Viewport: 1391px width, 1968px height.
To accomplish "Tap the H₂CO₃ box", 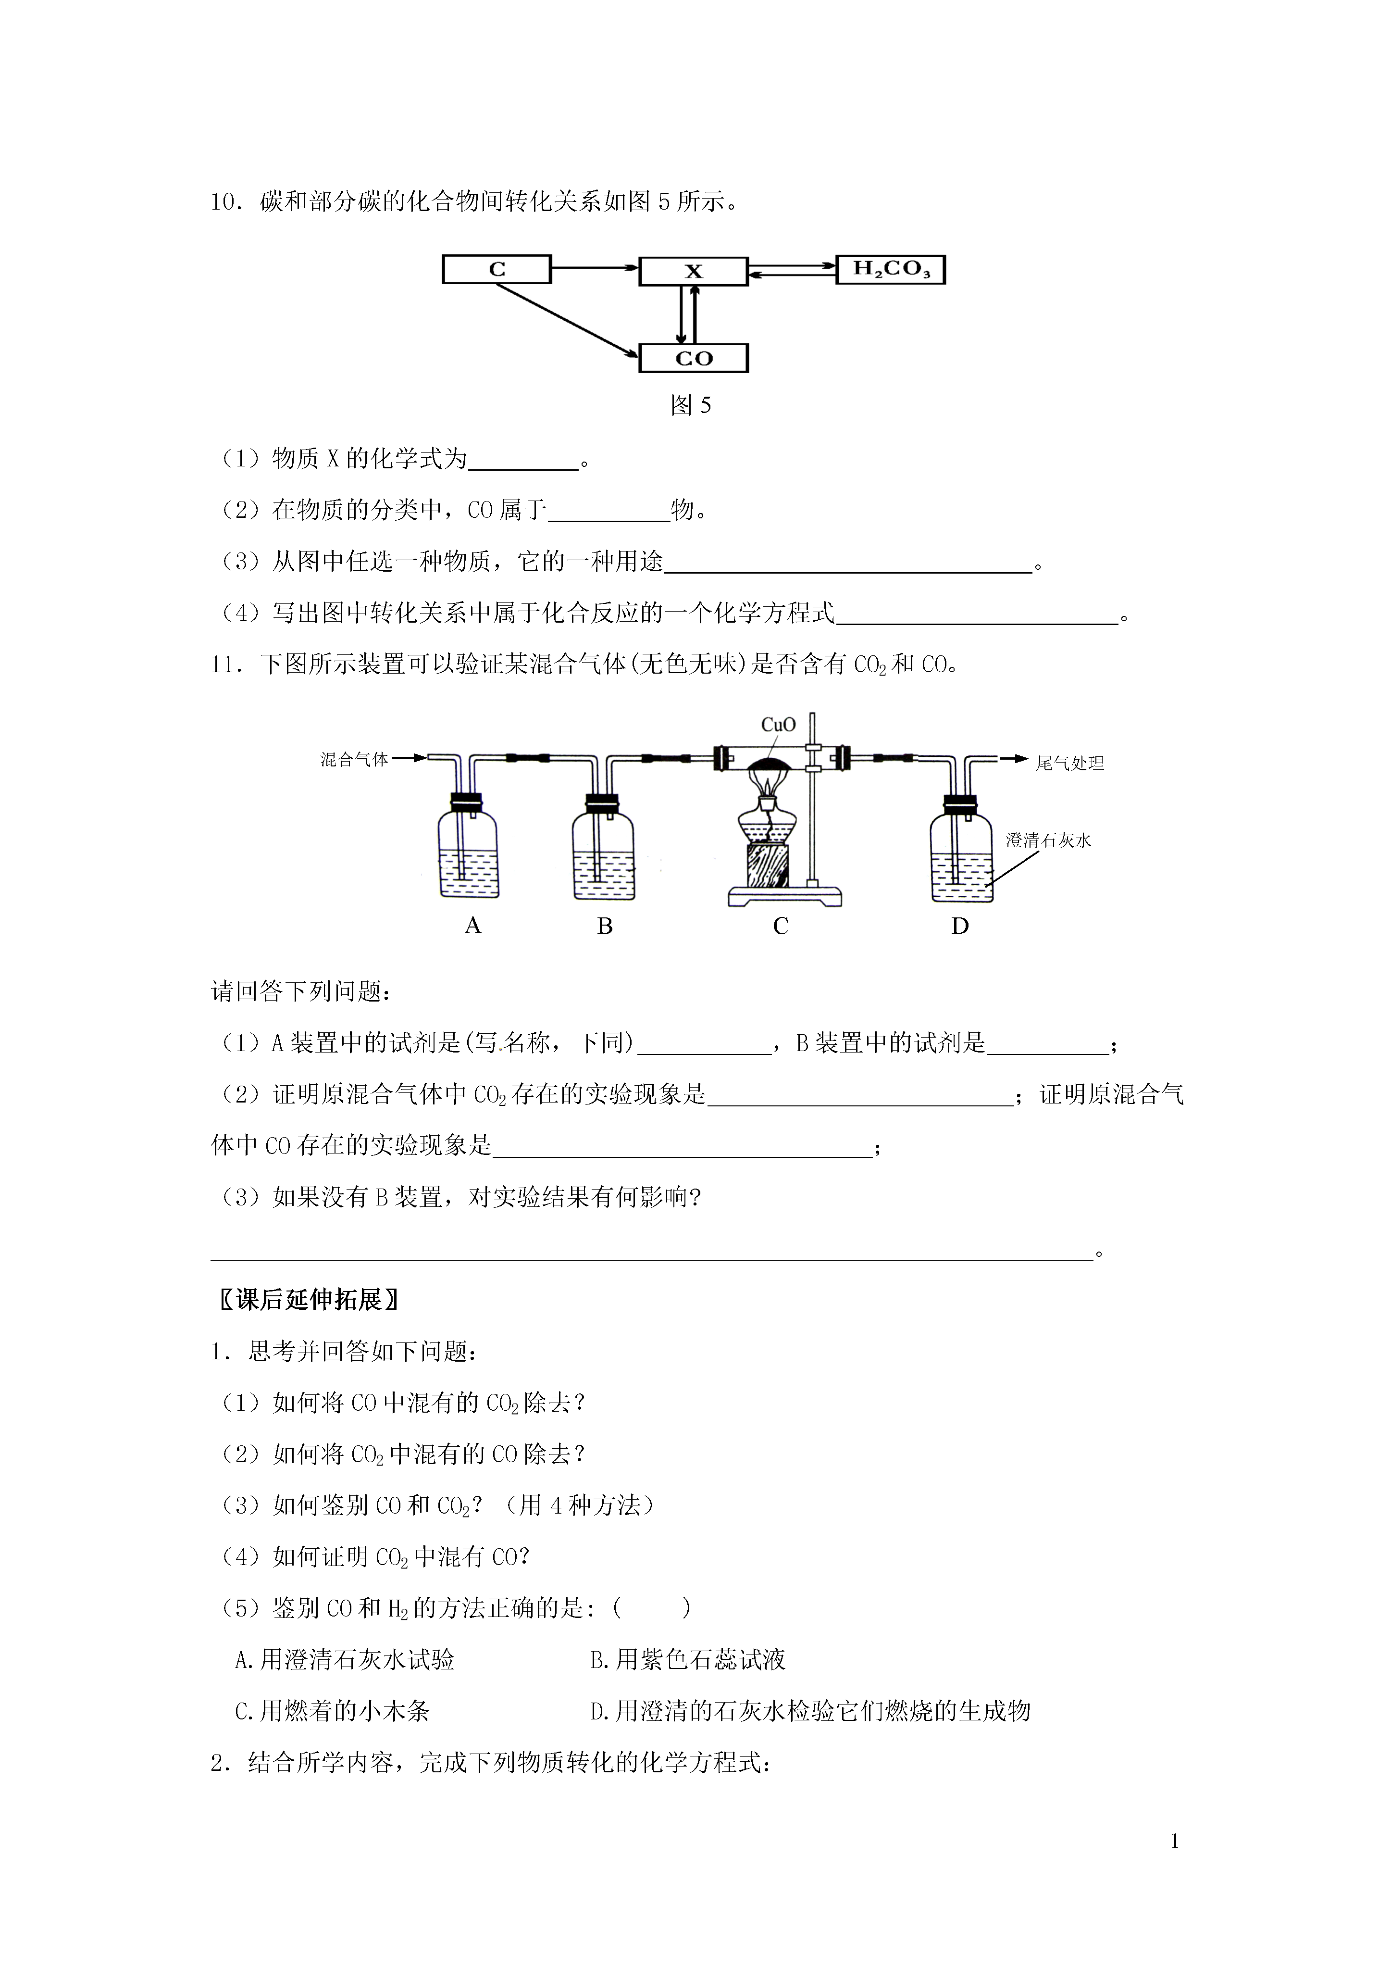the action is tap(891, 269).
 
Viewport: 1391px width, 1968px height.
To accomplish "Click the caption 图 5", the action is tap(691, 405).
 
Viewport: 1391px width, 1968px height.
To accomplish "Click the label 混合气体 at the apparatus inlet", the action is tap(354, 759).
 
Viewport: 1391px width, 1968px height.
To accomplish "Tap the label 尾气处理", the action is tap(1069, 763).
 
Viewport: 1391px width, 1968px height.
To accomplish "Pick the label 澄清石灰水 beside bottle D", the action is tap(1048, 841).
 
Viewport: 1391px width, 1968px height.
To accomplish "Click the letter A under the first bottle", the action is tap(472, 926).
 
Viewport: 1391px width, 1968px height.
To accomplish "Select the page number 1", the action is tap(1174, 1841).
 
